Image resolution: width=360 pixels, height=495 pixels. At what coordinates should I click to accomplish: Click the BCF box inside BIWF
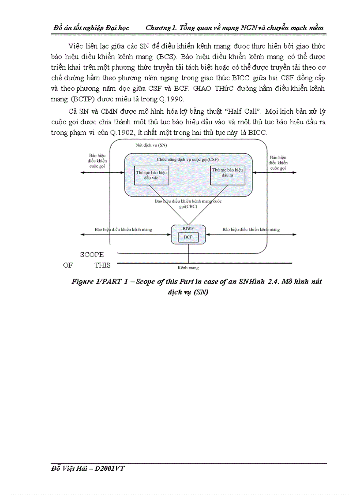(x=188, y=237)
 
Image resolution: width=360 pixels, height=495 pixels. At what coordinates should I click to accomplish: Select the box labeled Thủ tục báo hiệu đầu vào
(x=151, y=175)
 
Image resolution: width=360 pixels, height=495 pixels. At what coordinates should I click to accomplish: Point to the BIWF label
(x=188, y=229)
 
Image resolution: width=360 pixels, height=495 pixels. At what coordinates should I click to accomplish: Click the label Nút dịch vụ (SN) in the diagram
(x=151, y=145)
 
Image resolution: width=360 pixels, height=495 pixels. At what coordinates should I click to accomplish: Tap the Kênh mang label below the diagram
(x=188, y=268)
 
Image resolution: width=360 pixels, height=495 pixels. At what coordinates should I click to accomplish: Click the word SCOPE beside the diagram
(x=92, y=255)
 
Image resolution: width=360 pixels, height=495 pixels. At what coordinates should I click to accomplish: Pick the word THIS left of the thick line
(x=102, y=265)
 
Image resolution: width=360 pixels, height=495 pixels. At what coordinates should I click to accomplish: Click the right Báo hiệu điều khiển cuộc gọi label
(x=278, y=163)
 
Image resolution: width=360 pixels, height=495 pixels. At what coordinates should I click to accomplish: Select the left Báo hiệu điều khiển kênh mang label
(x=123, y=230)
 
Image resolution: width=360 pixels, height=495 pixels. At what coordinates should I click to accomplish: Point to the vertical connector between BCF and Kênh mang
(x=188, y=253)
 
